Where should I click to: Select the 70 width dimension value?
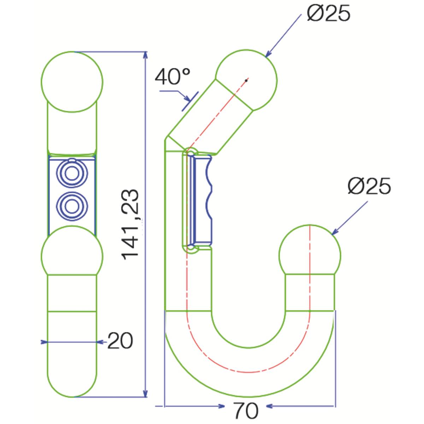246,411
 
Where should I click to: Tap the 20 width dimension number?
120,341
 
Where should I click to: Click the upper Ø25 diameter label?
329,13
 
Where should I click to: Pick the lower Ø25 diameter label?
369,186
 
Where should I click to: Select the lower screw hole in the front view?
72,205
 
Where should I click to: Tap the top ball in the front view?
72,82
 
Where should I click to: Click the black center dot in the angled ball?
246,81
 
